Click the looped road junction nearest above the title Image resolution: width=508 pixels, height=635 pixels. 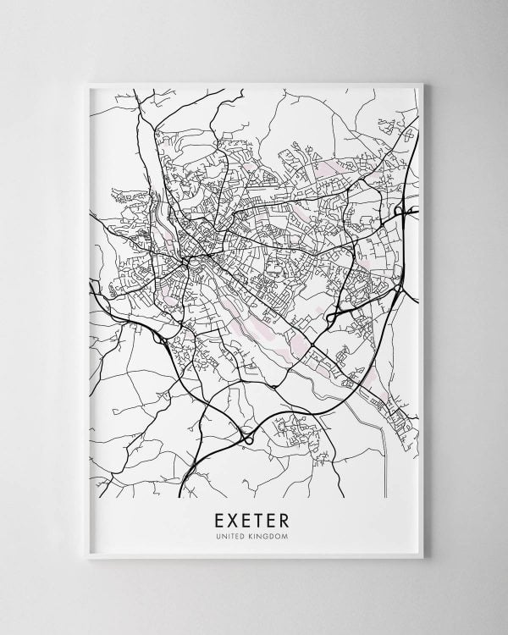point(248,438)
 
